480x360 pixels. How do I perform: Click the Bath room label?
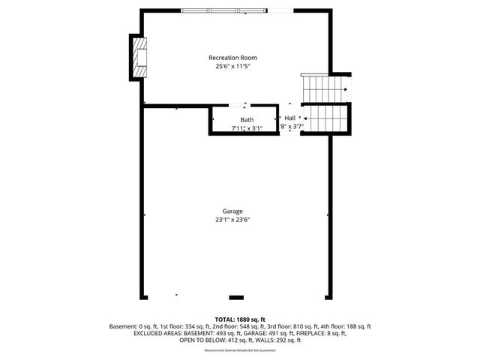coord(247,120)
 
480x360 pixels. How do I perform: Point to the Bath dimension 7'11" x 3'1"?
coord(247,128)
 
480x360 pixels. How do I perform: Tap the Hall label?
coord(289,118)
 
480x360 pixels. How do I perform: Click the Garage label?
coord(232,211)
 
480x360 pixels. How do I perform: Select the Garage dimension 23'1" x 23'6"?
coord(232,220)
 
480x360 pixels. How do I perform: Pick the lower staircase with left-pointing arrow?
coord(325,118)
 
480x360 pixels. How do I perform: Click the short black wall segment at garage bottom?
coord(236,296)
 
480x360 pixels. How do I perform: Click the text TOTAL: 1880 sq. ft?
coord(240,319)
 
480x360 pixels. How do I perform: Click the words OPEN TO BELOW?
coord(198,340)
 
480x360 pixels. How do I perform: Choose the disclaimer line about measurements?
coord(240,349)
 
